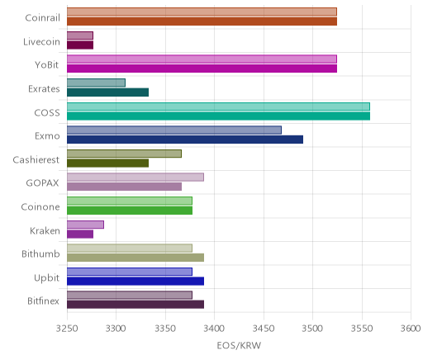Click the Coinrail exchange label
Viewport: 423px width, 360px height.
pos(42,18)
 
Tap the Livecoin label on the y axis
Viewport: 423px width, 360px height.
pos(41,42)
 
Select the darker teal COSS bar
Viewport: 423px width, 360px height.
pos(218,116)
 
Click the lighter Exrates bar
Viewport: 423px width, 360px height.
pos(96,83)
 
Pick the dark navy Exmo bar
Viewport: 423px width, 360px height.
pos(185,140)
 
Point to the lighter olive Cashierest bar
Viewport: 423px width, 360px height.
pos(124,154)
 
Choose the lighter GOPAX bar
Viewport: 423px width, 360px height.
pos(135,178)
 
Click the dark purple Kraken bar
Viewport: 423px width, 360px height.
pos(80,234)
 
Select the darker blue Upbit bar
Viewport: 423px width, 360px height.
pos(135,282)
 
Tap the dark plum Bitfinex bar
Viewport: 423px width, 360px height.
pos(135,305)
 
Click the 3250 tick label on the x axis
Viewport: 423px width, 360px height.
pos(67,329)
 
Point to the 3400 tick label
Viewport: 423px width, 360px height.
pos(215,329)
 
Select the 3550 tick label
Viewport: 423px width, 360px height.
pos(362,329)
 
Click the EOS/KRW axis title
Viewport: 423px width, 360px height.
pos(239,346)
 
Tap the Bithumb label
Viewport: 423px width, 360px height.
pos(40,254)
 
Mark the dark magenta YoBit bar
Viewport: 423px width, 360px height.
pos(202,69)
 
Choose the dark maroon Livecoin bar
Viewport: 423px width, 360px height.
pos(80,45)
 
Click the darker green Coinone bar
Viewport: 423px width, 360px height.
pos(130,211)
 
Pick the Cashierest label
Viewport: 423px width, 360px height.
pos(36,160)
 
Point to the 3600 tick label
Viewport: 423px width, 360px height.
pos(411,329)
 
